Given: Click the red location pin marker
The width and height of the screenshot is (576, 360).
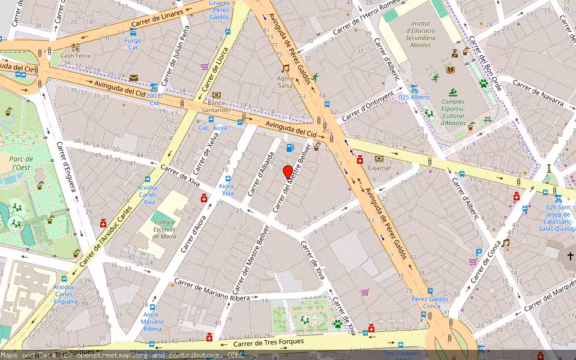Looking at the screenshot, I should (288, 172).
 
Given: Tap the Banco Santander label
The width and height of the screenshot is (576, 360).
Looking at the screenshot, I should (216, 106).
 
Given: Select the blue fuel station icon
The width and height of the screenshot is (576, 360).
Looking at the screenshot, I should (290, 148).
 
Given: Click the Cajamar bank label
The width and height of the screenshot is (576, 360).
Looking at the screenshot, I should (379, 168).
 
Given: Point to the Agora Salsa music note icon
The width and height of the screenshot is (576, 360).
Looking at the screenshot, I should (285, 69).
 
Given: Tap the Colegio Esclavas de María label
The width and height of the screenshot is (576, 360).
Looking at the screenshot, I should (164, 229).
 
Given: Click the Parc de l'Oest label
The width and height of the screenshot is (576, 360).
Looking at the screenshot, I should (21, 163).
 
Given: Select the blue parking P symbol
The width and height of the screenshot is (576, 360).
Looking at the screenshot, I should (479, 253).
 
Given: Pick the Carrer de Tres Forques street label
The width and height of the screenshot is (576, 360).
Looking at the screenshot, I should (268, 343).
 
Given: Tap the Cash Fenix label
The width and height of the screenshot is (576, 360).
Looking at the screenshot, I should (75, 55).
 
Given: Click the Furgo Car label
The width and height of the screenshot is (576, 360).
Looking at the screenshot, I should (133, 43).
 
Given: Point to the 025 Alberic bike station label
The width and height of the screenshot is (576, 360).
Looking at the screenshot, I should (414, 97).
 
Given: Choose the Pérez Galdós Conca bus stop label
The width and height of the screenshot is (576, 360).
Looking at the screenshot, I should (430, 302).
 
